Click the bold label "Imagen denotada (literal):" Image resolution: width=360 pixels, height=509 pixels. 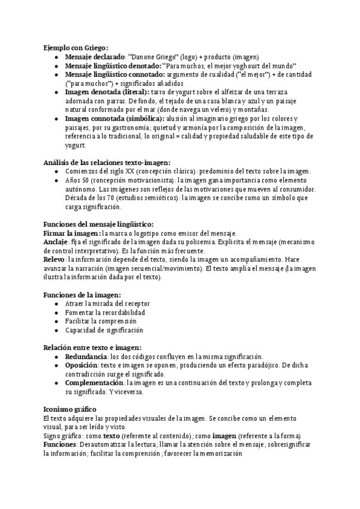click(106, 92)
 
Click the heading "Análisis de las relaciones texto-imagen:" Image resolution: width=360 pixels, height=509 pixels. click(107, 162)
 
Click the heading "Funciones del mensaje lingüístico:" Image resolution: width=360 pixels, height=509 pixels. click(98, 224)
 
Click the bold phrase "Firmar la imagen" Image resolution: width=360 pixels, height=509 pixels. click(72, 233)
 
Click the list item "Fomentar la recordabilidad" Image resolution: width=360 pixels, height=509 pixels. click(105, 313)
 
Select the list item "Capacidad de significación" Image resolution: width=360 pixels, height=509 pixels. click(104, 330)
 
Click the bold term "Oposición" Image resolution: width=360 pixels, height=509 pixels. click(82, 365)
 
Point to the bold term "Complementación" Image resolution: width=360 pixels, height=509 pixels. click(94, 383)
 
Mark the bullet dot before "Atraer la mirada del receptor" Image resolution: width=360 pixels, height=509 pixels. click(55, 304)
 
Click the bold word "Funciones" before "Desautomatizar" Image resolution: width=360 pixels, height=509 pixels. click(59, 444)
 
